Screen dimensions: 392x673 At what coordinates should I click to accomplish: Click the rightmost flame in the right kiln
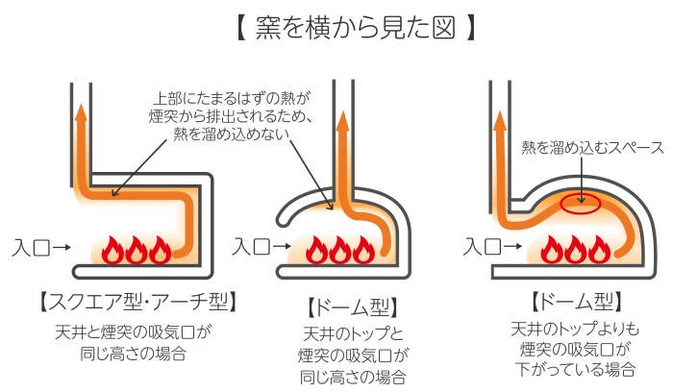pos(601,252)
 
